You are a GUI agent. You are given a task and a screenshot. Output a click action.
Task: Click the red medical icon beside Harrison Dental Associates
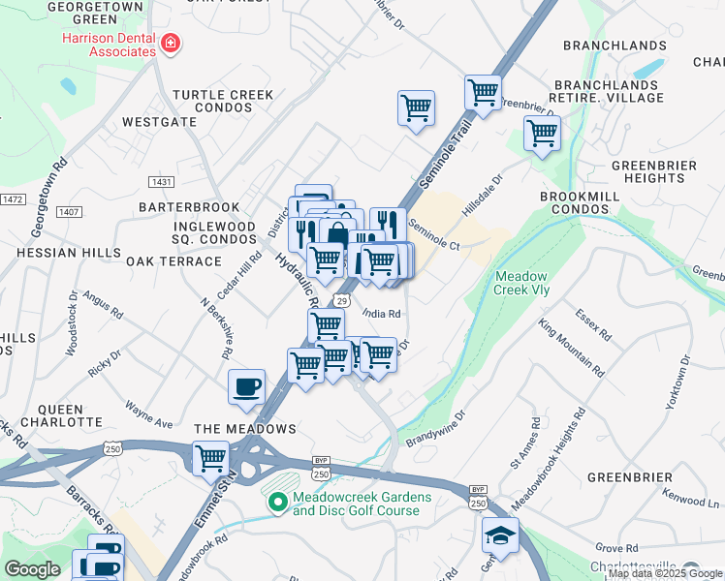pos(171,43)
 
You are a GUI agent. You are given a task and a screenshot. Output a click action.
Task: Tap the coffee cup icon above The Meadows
pos(245,386)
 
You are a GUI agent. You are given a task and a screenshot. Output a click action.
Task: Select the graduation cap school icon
pos(500,535)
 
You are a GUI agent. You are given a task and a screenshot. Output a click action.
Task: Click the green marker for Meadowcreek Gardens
pos(277,502)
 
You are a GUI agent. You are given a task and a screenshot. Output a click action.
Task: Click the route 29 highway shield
pos(342,301)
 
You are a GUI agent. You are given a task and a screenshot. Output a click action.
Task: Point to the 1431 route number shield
pos(161,182)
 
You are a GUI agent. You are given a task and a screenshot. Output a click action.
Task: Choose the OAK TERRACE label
pos(173,261)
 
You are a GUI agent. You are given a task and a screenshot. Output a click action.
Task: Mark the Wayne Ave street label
pos(149,414)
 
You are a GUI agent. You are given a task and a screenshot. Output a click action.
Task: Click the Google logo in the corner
pos(31,569)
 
